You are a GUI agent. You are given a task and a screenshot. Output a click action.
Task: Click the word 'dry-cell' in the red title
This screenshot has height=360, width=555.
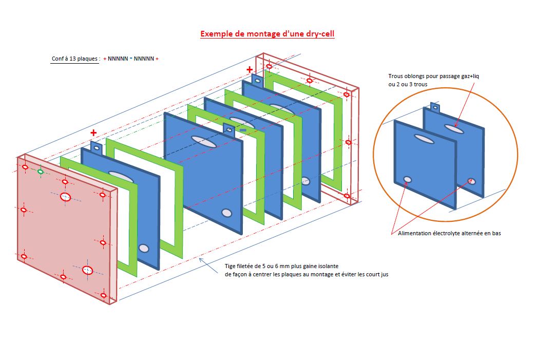click(319, 34)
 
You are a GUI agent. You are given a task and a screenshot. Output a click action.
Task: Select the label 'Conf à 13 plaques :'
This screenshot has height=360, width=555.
click(75, 59)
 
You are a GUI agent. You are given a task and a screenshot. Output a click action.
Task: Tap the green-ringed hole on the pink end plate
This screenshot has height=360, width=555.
click(41, 171)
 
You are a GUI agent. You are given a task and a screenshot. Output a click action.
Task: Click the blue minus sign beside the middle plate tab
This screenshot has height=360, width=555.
click(243, 130)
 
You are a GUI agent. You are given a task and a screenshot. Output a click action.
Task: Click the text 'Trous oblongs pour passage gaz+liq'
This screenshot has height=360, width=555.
click(433, 76)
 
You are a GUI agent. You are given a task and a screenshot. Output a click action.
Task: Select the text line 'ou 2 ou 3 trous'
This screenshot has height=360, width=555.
click(408, 84)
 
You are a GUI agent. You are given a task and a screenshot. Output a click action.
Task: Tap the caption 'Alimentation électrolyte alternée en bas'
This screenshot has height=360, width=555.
click(449, 233)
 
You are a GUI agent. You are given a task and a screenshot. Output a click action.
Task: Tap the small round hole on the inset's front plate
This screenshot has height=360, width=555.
click(407, 180)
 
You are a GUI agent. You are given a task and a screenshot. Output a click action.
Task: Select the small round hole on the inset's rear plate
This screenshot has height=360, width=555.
click(471, 180)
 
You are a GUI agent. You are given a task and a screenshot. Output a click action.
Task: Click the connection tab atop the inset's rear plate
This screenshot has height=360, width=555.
click(435, 108)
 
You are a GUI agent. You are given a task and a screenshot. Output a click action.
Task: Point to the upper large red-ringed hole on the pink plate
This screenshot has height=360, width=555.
click(65, 197)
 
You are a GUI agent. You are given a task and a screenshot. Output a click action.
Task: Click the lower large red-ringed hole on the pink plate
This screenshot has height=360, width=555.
click(87, 270)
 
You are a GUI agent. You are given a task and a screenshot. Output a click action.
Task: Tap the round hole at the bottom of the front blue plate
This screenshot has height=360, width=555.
click(144, 249)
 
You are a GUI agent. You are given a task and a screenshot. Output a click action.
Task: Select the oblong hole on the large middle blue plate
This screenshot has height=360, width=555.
click(201, 139)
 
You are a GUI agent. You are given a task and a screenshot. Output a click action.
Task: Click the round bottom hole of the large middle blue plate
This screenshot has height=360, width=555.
click(226, 213)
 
